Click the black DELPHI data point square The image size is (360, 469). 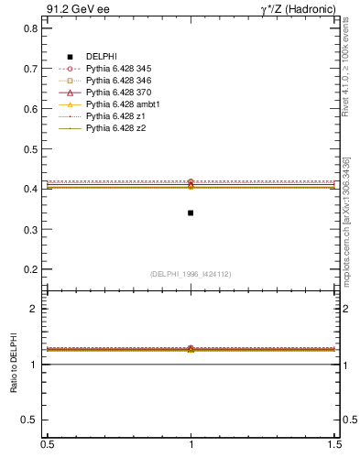(191, 213)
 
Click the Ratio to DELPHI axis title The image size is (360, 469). (16, 364)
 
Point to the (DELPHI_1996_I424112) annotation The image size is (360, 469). (191, 274)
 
